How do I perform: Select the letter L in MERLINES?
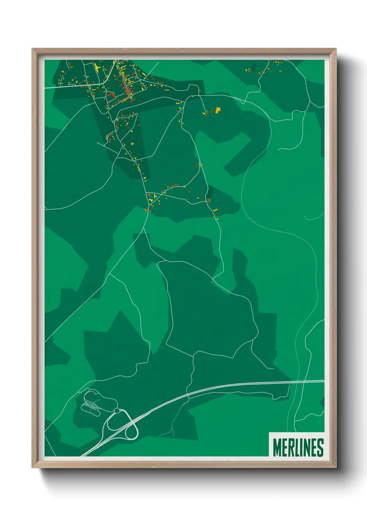296,447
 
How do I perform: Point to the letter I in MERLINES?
300,447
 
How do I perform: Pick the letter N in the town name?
306,447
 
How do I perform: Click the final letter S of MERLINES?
320,447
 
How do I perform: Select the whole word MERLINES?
298,447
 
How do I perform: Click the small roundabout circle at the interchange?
117,411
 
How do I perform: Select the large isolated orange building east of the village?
218,110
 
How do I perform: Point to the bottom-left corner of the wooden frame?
33,467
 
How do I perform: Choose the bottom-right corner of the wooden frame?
335,467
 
